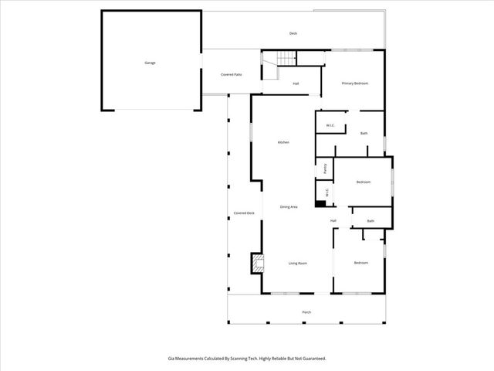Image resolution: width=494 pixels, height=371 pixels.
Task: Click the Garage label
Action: coord(150,63)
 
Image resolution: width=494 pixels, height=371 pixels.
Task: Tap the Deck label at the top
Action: coord(293,34)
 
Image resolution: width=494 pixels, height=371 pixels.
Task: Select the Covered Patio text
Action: coord(232,75)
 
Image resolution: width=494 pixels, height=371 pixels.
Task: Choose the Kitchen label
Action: coord(283,143)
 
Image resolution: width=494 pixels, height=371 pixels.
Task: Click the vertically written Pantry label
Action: coord(326,166)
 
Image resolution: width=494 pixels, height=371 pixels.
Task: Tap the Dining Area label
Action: coord(289,206)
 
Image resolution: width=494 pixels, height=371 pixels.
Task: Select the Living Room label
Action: coord(298,264)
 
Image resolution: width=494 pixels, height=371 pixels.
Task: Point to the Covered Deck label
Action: coord(244,213)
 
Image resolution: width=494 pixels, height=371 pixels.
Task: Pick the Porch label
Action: coord(306,312)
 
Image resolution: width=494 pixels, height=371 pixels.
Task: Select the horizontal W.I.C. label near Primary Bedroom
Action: coord(330,125)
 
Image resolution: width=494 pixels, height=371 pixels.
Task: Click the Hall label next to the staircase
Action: coord(296,83)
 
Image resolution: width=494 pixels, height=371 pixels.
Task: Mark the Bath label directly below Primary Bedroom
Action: coord(363,134)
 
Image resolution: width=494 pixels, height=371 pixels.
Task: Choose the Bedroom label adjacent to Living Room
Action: coord(360,263)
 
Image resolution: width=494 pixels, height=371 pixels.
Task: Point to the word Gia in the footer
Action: coord(172,359)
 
